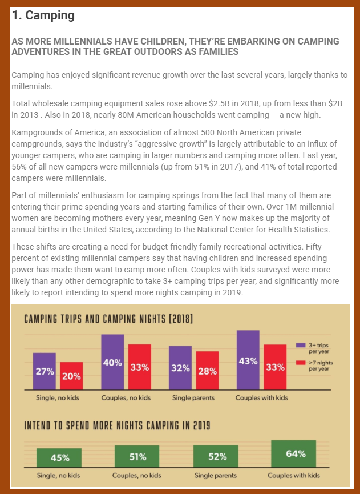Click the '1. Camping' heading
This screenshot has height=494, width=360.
pyautogui.click(x=43, y=15)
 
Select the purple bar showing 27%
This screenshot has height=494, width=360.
pyautogui.click(x=45, y=371)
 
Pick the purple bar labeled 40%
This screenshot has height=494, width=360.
pyautogui.click(x=112, y=362)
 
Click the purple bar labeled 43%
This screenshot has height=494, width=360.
pyautogui.click(x=248, y=360)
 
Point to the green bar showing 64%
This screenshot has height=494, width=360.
pyautogui.click(x=293, y=455)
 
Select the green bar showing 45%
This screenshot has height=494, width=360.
pyautogui.click(x=59, y=457)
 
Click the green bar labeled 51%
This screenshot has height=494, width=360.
pyautogui.click(x=137, y=457)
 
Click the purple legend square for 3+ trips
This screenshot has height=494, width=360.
pyautogui.click(x=301, y=346)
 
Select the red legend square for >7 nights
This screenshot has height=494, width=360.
pyautogui.click(x=301, y=363)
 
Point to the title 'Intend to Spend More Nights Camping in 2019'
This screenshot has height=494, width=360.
pyautogui.click(x=116, y=425)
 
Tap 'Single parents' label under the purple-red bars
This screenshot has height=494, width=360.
pyautogui.click(x=194, y=398)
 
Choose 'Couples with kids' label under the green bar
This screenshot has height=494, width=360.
pyautogui.click(x=294, y=475)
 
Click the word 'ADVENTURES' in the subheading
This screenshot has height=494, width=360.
pyautogui.click(x=39, y=51)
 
